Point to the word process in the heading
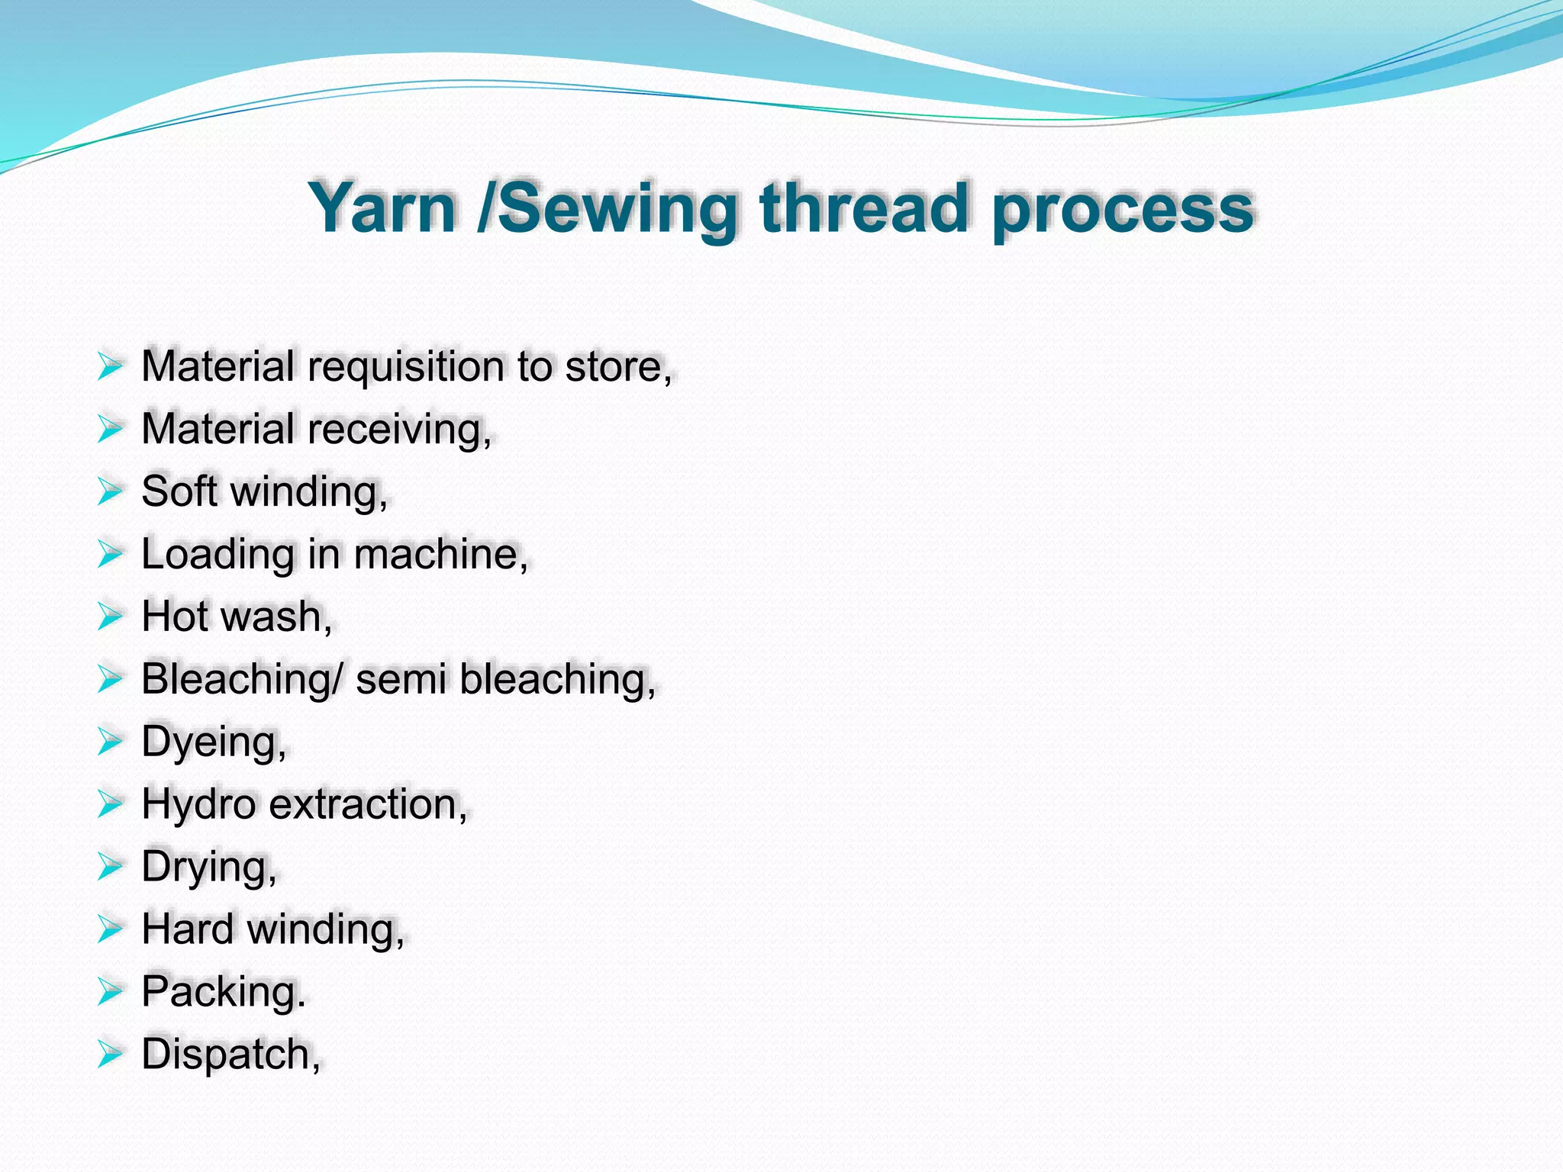[x=1123, y=209]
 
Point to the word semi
[x=401, y=678]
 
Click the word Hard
[x=188, y=929]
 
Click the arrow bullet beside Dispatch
[x=110, y=1054]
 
